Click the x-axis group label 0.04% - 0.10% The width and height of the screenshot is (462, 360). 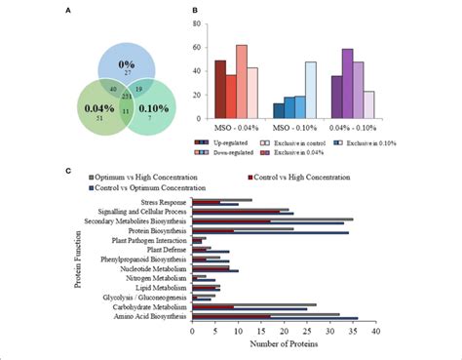pyautogui.click(x=355, y=128)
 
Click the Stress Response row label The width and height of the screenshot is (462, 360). pyautogui.click(x=165, y=202)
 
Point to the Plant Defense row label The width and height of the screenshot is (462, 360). pyautogui.click(x=169, y=248)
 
